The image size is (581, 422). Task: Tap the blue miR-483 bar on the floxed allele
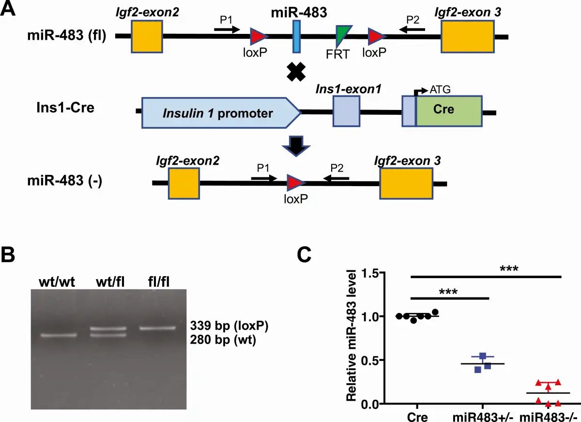pos(296,36)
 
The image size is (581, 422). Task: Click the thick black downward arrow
pos(296,146)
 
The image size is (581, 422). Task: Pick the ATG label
pos(438,90)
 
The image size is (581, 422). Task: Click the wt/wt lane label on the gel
pos(58,281)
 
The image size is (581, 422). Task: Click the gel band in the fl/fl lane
pos(156,328)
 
